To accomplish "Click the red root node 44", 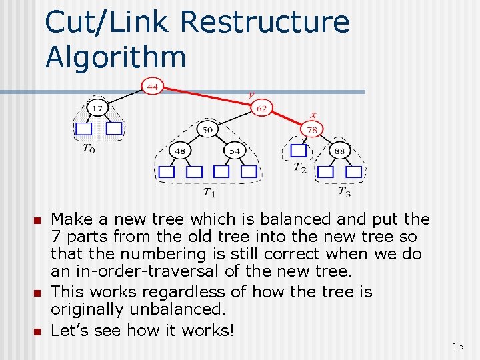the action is pyautogui.click(x=153, y=87).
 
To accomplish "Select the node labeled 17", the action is pyautogui.click(x=97, y=108).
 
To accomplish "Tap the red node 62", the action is pyautogui.click(x=262, y=107).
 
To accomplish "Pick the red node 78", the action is pyautogui.click(x=311, y=129).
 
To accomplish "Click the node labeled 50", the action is pyautogui.click(x=208, y=129).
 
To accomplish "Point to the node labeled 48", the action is pyautogui.click(x=180, y=151).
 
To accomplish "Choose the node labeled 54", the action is pyautogui.click(x=235, y=151).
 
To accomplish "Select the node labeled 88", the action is pyautogui.click(x=339, y=151).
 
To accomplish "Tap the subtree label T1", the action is pyautogui.click(x=209, y=193).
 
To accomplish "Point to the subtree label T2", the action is pyautogui.click(x=301, y=169).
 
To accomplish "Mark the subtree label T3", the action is pyautogui.click(x=344, y=193).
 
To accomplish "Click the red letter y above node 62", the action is pyautogui.click(x=251, y=94).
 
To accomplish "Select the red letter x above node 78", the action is pyautogui.click(x=313, y=115).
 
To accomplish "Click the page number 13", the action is pyautogui.click(x=458, y=345).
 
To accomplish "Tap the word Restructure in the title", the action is pyautogui.click(x=264, y=21).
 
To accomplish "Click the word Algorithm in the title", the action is pyautogui.click(x=115, y=57).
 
